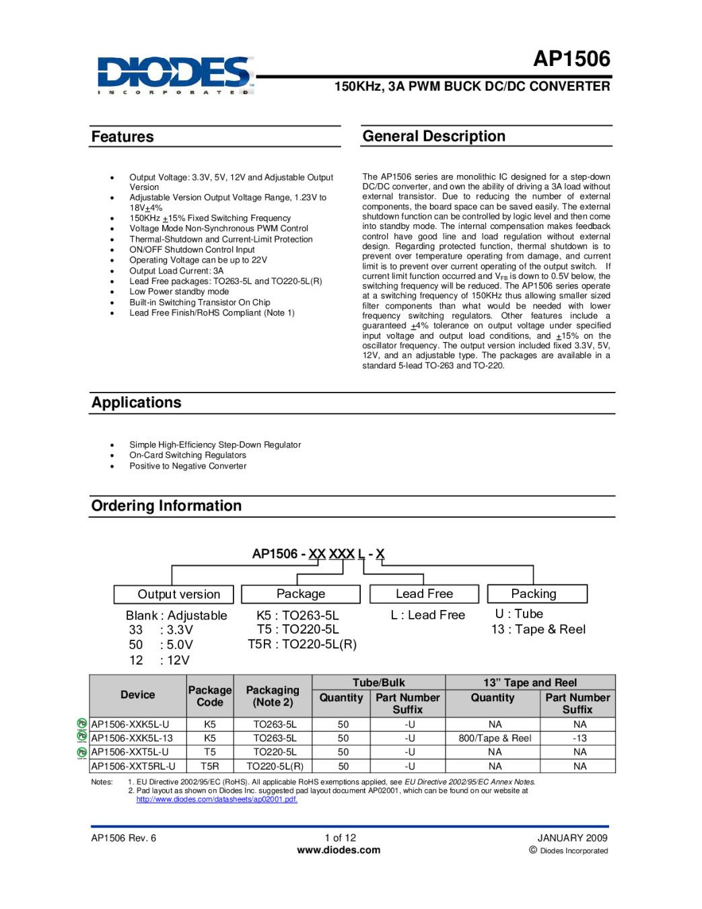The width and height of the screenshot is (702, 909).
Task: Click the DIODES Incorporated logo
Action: click(175, 75)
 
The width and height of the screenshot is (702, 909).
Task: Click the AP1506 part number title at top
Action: click(571, 59)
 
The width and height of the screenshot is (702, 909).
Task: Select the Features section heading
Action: click(122, 137)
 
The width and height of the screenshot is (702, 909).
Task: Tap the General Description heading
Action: click(433, 136)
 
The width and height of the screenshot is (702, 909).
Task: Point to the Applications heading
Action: click(137, 403)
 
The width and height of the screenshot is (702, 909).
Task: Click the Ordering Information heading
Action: click(166, 506)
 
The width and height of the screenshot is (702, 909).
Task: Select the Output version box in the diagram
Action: click(174, 594)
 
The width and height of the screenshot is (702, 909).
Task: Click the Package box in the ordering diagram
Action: click(300, 593)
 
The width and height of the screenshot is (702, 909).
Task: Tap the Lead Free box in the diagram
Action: click(424, 593)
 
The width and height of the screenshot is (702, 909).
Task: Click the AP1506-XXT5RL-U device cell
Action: click(133, 766)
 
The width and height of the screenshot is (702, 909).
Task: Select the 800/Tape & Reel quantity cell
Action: click(495, 738)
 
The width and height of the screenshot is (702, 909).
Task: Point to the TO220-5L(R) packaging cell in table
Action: click(275, 766)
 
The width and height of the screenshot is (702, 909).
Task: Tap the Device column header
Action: click(138, 695)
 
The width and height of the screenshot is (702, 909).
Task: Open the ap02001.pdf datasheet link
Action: click(217, 799)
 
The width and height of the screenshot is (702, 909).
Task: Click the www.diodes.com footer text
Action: click(339, 850)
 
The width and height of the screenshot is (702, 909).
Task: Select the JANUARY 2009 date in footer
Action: click(572, 838)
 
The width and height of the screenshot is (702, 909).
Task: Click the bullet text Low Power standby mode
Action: click(179, 292)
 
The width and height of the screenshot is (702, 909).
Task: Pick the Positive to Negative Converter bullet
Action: click(188, 466)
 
